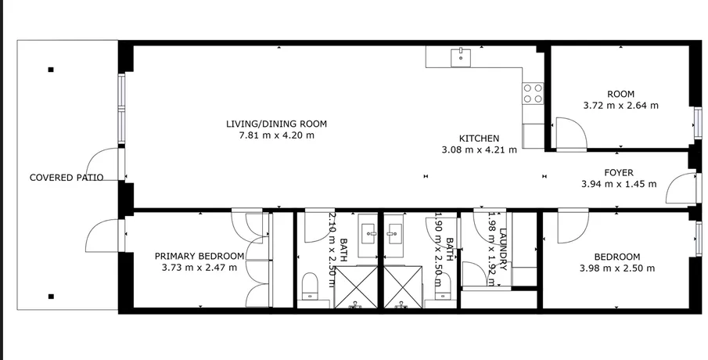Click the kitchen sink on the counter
(x=461, y=57)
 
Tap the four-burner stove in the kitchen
(x=533, y=93)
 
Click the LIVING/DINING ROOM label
(x=276, y=124)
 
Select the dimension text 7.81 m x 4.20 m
(x=276, y=135)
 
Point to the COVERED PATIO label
(x=66, y=178)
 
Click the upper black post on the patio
(x=51, y=70)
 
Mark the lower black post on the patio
(x=51, y=297)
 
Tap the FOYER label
(x=619, y=172)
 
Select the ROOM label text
(x=621, y=95)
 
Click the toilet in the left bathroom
(x=310, y=286)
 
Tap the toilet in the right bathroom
(x=443, y=286)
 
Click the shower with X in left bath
(x=356, y=287)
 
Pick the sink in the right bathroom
(x=394, y=234)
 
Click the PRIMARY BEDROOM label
(x=199, y=256)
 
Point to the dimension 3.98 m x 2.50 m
(x=617, y=268)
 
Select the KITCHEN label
(x=479, y=139)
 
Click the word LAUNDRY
(x=504, y=249)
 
